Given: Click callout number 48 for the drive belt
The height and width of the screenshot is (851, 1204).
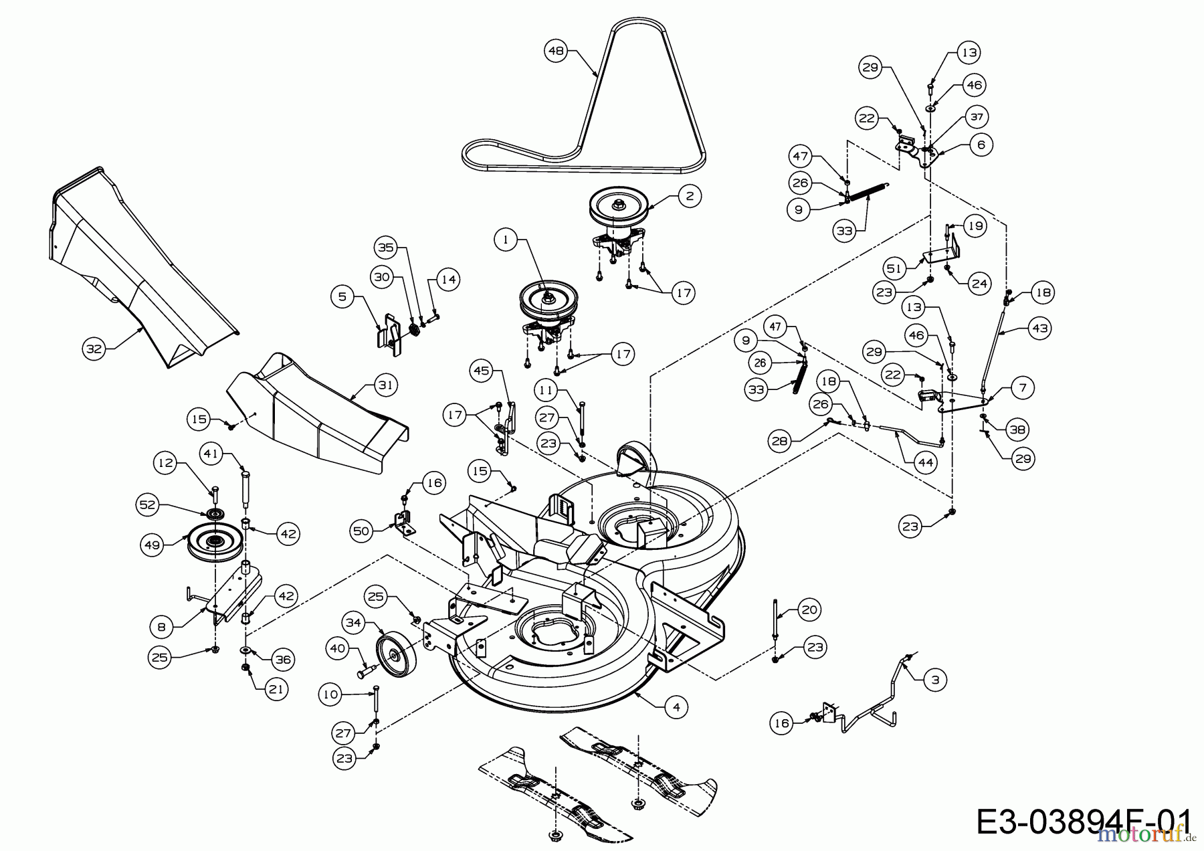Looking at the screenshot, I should tap(556, 51).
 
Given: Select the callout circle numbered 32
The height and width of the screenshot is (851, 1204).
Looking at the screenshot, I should tap(95, 349).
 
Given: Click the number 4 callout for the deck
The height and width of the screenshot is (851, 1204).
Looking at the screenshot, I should tap(676, 707).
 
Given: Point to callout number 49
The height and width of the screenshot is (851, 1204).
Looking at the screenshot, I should tap(153, 545).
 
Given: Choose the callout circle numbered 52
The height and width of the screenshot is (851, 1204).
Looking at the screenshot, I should tap(148, 504).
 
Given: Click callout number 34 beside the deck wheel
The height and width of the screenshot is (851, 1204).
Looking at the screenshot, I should tap(353, 624).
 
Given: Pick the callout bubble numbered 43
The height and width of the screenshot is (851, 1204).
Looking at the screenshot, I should tap(1039, 328).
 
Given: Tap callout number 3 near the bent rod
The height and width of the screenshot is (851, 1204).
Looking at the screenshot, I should tap(934, 680).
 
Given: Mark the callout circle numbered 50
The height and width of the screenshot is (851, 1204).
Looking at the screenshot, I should tap(361, 532).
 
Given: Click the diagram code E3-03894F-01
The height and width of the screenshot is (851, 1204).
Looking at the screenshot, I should tap(1084, 822).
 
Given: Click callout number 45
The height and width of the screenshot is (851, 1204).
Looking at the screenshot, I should tap(482, 371).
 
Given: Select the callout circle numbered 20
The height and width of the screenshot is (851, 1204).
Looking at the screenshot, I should tap(809, 609).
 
